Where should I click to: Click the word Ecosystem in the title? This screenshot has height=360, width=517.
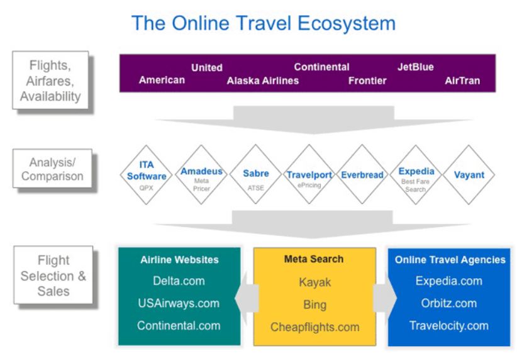(x=346, y=23)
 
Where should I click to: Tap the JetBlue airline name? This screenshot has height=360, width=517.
(x=416, y=67)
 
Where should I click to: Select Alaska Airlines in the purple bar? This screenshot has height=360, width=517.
(x=263, y=81)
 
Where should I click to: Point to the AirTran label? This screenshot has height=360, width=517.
(x=462, y=81)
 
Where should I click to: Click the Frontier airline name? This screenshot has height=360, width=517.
(x=367, y=81)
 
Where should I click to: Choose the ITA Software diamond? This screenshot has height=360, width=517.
(x=146, y=175)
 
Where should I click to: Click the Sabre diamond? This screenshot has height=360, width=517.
(x=255, y=174)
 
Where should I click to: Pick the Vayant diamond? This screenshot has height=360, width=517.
(x=469, y=175)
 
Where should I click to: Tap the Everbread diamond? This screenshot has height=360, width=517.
(x=362, y=174)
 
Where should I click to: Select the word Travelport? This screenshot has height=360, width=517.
(x=309, y=175)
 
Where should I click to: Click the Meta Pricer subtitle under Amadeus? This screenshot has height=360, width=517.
(x=201, y=185)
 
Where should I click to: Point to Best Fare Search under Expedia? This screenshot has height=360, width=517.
(x=416, y=186)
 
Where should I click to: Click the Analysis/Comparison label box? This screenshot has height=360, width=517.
(x=52, y=169)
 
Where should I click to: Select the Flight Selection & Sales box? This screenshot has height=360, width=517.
(x=53, y=275)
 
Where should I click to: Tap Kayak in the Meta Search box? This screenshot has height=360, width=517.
(x=315, y=283)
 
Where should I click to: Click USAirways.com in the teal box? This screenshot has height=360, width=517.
(x=179, y=303)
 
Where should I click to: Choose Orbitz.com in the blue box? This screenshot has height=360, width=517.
(x=448, y=303)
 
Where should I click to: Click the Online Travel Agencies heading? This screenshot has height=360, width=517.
(x=450, y=260)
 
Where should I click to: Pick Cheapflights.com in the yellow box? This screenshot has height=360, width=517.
(x=315, y=327)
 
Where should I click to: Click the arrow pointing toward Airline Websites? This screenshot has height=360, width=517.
(x=247, y=298)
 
